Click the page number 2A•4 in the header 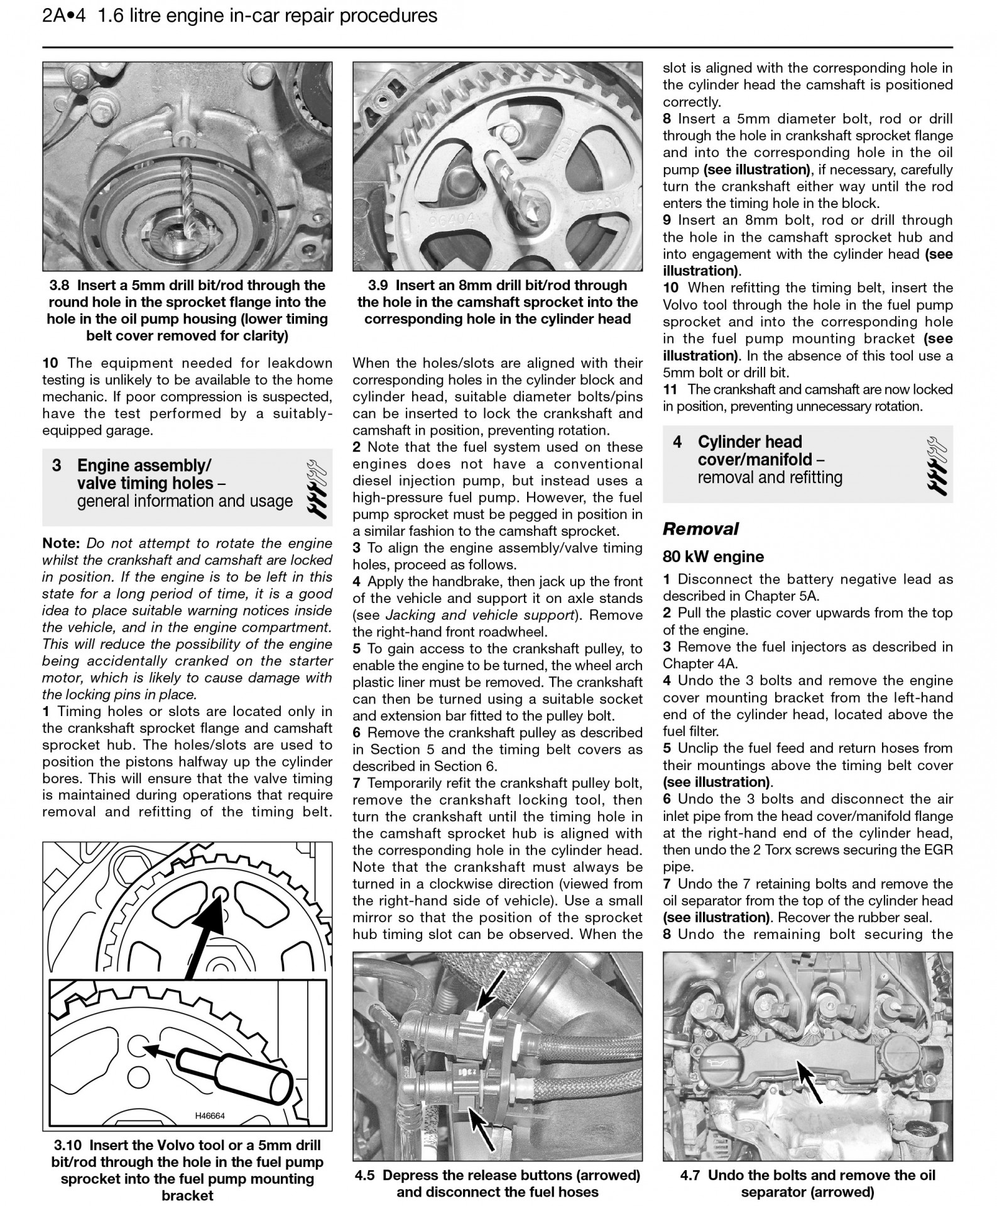pos(63,16)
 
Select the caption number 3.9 pos(380,286)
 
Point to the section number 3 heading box pos(57,465)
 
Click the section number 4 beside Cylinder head pos(677,442)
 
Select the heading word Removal pos(700,529)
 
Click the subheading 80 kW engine pos(713,557)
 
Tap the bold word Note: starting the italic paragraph pos(61,543)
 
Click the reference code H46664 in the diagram pos(210,1116)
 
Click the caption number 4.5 pos(364,1175)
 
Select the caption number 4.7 pos(691,1175)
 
